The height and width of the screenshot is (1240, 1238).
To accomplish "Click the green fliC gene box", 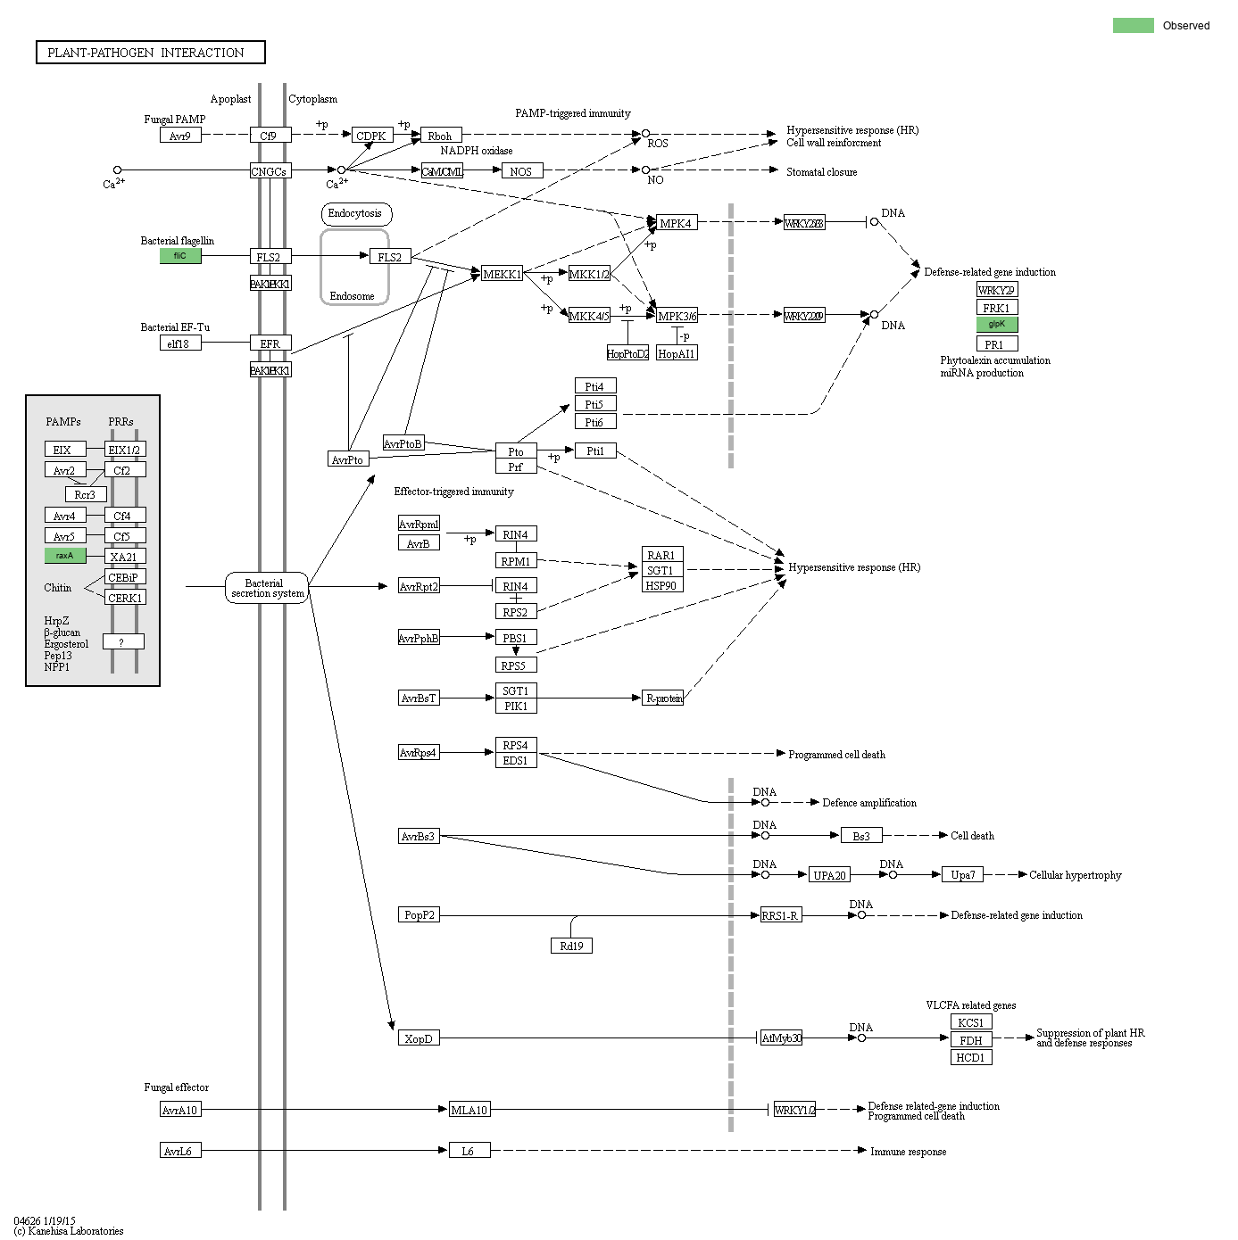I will click(x=180, y=256).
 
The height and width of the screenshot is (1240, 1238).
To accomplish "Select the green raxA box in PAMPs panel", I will click(x=65, y=556).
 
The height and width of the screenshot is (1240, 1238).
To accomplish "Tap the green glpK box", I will click(x=996, y=325).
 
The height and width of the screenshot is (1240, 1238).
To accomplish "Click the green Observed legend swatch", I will click(x=1133, y=25).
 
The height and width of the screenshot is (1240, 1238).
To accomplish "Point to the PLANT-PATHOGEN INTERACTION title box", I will click(x=150, y=53).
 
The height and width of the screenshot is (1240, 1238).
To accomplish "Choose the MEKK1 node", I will click(x=502, y=274).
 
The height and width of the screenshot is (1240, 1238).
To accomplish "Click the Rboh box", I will click(x=441, y=136).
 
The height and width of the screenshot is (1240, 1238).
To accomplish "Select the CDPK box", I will click(x=371, y=136).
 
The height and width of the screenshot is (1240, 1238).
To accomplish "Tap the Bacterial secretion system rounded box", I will click(x=266, y=588).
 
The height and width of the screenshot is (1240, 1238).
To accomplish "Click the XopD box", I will click(x=419, y=1038).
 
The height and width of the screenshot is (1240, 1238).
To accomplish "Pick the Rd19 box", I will click(x=571, y=946).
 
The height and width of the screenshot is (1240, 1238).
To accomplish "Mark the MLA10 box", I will click(x=469, y=1110).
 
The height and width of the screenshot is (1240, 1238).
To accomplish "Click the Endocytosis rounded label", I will click(x=355, y=213).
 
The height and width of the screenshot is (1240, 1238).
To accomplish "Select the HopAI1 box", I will click(x=676, y=353).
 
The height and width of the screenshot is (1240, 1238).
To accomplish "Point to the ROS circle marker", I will click(x=645, y=134).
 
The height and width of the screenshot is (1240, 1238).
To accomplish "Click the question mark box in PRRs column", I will click(x=122, y=641).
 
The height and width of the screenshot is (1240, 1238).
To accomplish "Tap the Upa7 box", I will click(x=962, y=875).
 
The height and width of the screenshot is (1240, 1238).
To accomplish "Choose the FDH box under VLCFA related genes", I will click(x=971, y=1040).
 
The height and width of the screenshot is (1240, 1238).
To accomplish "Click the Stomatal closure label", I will click(x=821, y=172).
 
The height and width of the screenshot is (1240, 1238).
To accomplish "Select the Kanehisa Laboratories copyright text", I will click(x=69, y=1231).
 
